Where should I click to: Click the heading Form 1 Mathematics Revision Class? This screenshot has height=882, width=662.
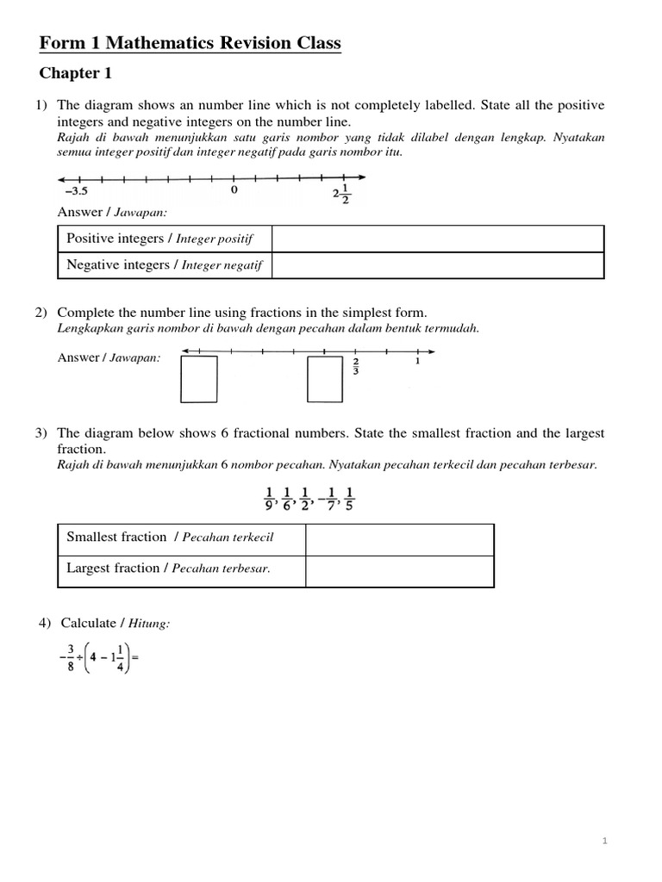190,43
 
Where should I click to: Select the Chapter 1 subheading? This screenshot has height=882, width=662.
76,73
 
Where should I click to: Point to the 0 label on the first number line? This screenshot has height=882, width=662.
234,191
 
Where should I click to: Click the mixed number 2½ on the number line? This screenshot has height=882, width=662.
341,194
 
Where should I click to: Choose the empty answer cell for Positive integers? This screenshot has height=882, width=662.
438,239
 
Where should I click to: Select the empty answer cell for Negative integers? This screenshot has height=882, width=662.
438,265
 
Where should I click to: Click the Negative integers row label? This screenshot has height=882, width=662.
165,265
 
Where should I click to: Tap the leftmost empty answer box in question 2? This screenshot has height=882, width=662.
199,379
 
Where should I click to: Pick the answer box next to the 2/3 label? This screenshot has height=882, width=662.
326,379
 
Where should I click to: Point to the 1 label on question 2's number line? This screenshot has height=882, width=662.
418,362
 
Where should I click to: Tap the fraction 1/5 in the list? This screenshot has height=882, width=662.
350,498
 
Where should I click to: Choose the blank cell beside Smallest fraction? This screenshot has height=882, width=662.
399,539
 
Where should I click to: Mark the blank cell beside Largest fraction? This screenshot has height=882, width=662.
399,571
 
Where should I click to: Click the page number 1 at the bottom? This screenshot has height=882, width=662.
605,842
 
